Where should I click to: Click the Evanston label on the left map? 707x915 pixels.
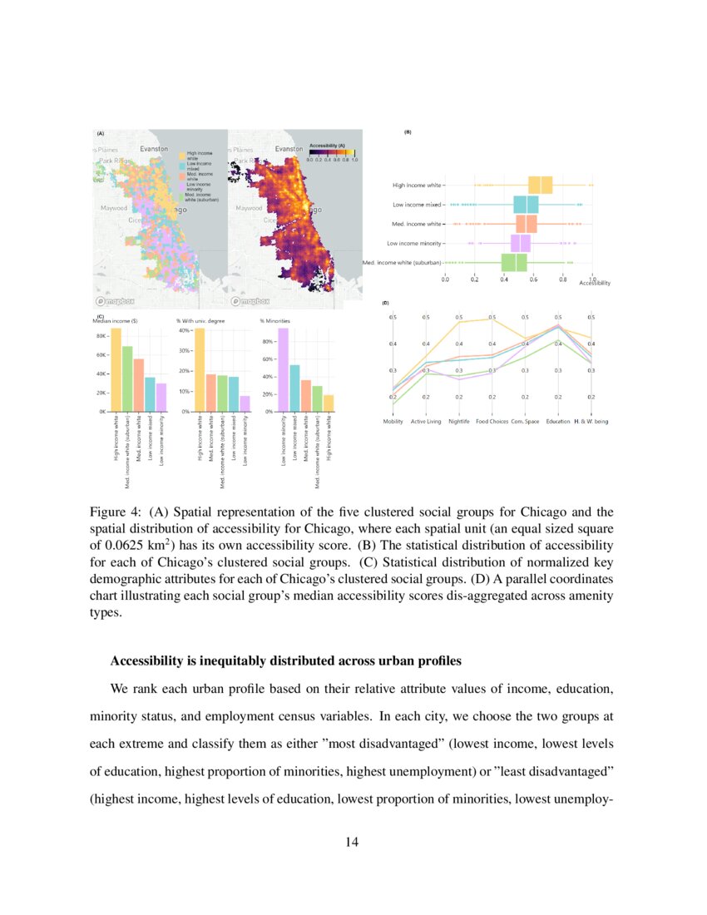point(154,148)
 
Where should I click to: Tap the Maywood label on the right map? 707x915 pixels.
point(250,208)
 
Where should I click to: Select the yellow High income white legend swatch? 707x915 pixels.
point(180,154)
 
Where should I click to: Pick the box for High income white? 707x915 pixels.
point(541,185)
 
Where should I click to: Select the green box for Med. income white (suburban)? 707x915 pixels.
point(514,262)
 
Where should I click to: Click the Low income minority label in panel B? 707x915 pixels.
point(414,243)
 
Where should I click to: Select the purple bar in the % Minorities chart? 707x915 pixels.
point(283,369)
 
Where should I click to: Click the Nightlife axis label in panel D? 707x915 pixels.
point(459,422)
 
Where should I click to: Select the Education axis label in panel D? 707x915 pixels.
point(558,422)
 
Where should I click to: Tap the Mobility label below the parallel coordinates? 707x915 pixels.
point(393,422)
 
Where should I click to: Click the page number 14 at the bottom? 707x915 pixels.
point(353,842)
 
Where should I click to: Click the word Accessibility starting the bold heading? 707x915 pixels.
point(146,661)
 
